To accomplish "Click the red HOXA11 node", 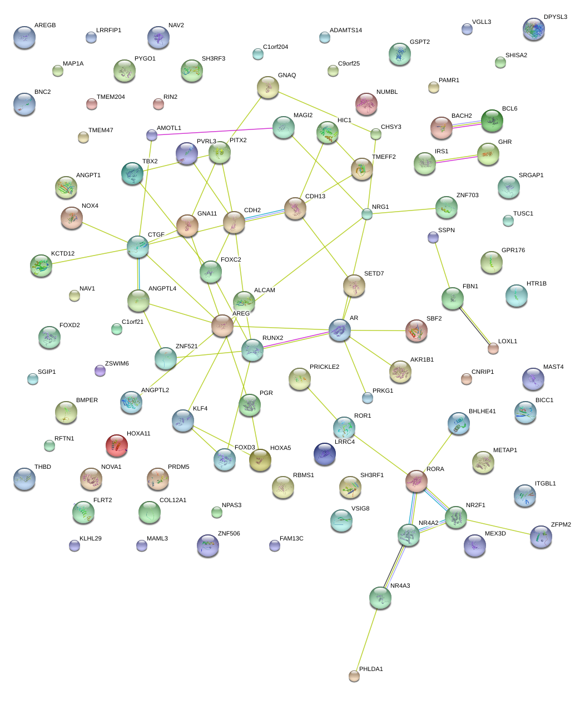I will (x=116, y=445).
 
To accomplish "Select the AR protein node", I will (x=340, y=330).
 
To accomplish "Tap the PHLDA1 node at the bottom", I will (x=354, y=675).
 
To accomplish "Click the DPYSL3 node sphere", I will (x=534, y=29).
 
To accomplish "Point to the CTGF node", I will (x=138, y=247).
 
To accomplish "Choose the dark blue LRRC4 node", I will (x=325, y=454).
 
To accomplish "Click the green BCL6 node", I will (x=492, y=121).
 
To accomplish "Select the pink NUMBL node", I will (x=366, y=104).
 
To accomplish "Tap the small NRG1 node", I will (x=366, y=214).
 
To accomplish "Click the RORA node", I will (x=417, y=481).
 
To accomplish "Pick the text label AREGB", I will (x=45, y=26).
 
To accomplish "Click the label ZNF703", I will (x=467, y=196).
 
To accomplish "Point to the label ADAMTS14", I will (x=346, y=31).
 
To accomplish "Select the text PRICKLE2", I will (x=324, y=367).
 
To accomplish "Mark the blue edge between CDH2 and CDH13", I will (x=265, y=215).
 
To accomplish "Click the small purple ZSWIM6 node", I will (x=100, y=370).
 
